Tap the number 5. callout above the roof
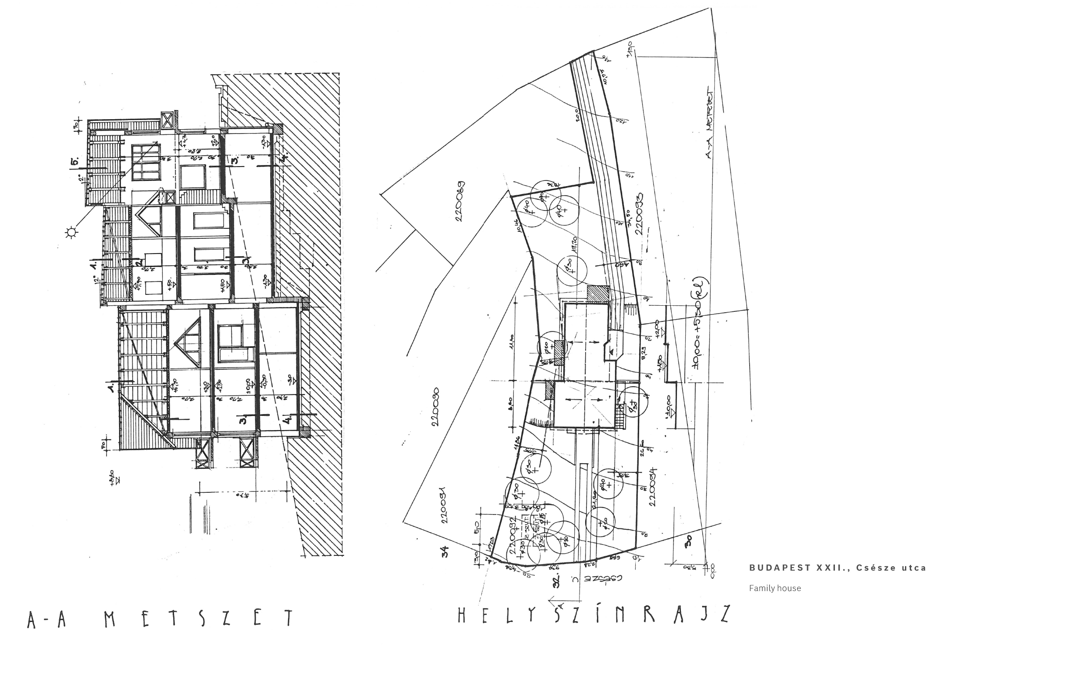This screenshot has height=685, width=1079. [x=74, y=162]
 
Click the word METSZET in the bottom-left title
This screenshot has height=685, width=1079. [x=199, y=618]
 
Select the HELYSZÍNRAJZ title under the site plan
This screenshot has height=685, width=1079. [x=593, y=614]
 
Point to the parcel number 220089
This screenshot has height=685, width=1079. [x=459, y=201]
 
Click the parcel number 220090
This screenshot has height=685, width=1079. [x=435, y=406]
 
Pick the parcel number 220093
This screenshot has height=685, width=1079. [x=640, y=214]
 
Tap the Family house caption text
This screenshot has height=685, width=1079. [x=775, y=588]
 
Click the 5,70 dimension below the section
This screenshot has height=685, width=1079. [x=244, y=495]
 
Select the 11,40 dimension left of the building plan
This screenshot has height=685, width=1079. [x=511, y=340]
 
